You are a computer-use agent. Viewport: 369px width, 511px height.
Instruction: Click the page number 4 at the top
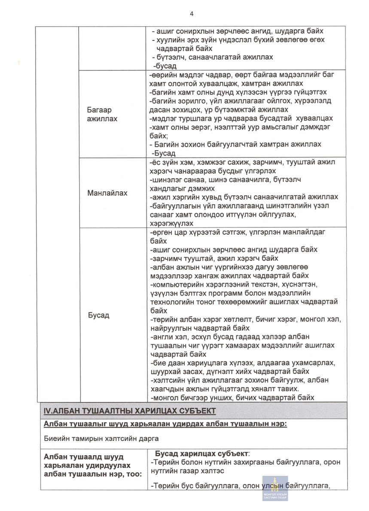pos(192,14)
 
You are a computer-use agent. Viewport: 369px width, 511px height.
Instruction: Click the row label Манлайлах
pos(107,193)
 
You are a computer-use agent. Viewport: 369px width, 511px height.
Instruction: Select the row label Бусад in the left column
pos(98,315)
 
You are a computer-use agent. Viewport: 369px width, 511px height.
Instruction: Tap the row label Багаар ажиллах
pos(102,114)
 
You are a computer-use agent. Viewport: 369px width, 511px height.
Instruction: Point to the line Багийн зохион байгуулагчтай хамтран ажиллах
pos(236,145)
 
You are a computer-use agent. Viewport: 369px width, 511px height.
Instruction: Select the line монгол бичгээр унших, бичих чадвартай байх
pos(234,398)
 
